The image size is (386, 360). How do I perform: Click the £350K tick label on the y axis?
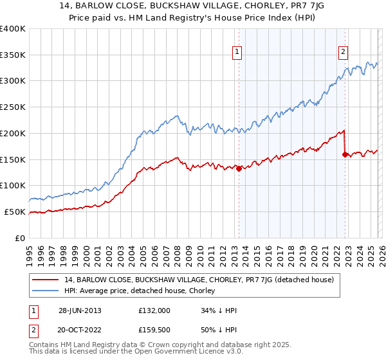13,55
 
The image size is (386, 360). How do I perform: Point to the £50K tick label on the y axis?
15,212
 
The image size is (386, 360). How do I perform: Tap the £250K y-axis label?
13,107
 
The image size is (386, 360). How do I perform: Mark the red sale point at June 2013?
239,169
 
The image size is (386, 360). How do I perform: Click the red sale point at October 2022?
345,154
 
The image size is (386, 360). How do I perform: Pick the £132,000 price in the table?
154,310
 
